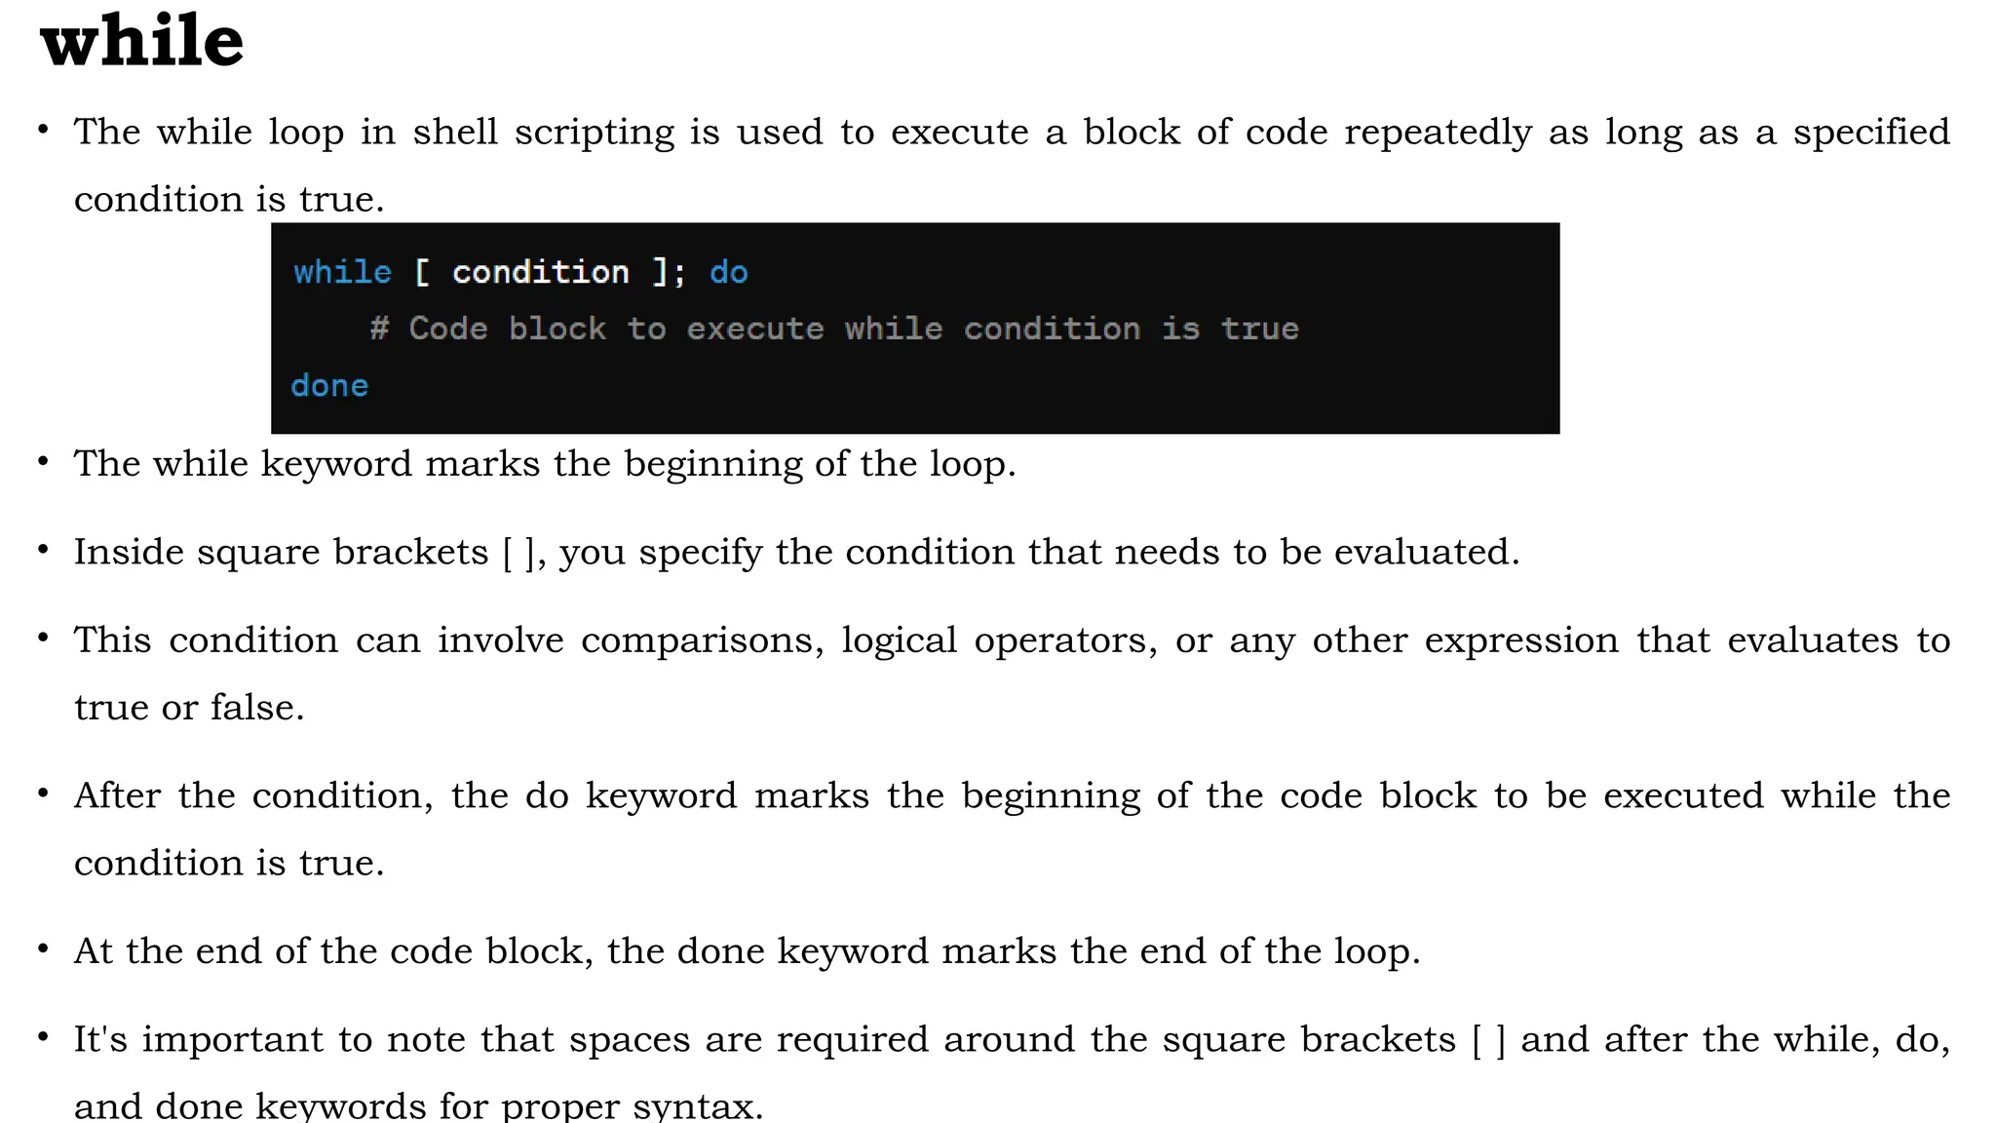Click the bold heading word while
[x=142, y=41]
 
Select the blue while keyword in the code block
[x=342, y=272]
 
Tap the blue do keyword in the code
[x=728, y=272]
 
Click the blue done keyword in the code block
[x=329, y=386]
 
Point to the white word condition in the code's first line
[x=540, y=272]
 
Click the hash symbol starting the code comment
[x=379, y=329]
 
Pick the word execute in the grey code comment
[x=754, y=329]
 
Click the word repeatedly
[x=1438, y=133]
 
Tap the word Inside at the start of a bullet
[x=129, y=552]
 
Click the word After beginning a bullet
[x=117, y=795]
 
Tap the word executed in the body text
[x=1683, y=795]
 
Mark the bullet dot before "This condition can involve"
[x=43, y=638]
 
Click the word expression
[x=1521, y=640]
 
